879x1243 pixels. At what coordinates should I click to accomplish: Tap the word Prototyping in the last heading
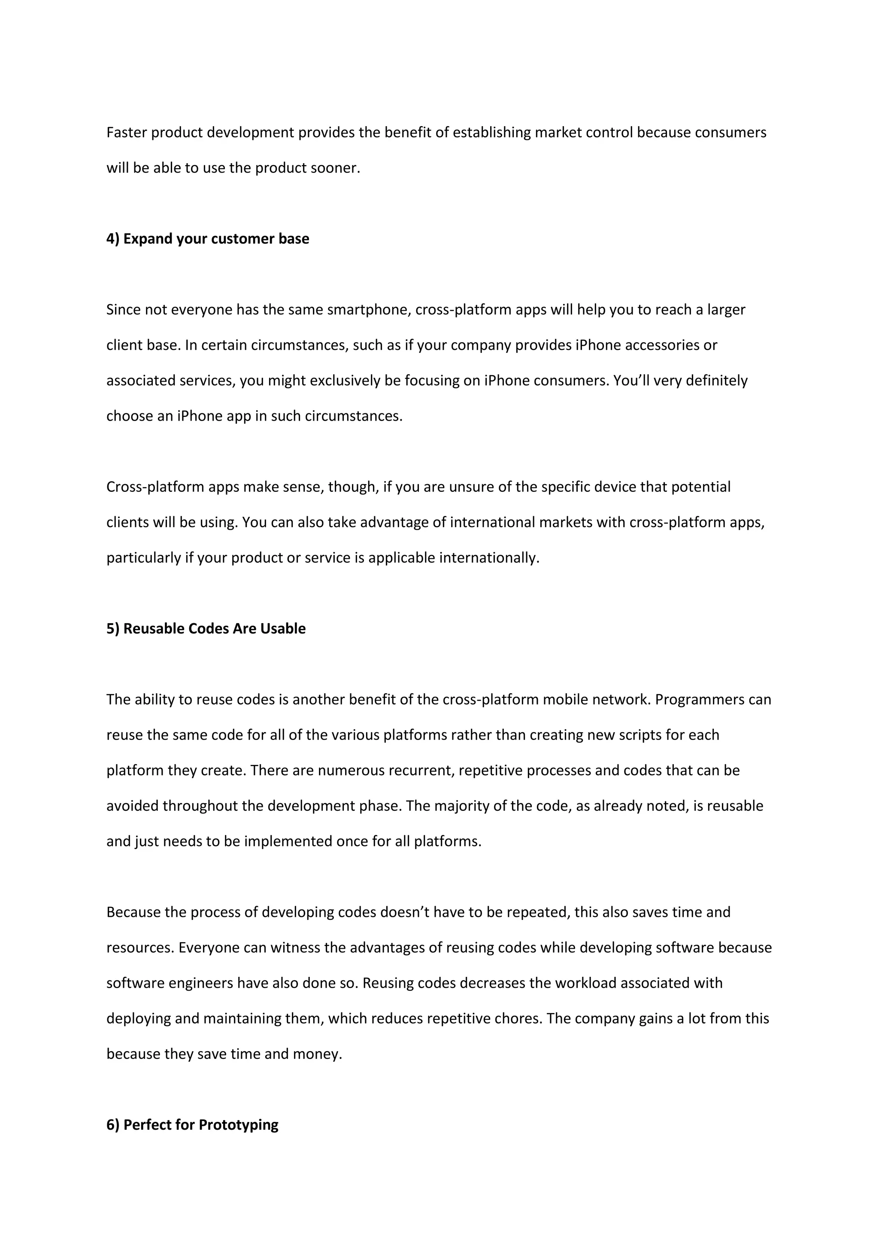click(x=238, y=1125)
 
